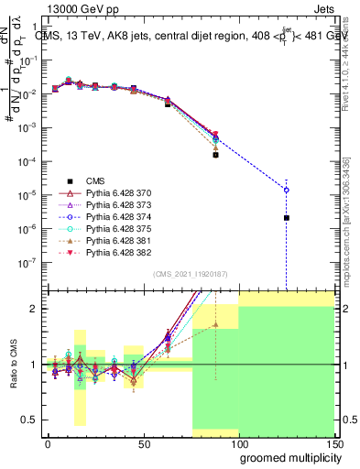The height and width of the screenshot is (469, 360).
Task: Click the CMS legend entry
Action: pos(95,180)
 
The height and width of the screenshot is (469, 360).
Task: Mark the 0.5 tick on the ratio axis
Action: pos(31,420)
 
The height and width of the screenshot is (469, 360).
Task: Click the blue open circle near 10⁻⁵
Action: pos(287,190)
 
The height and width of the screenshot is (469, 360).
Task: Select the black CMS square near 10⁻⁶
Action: pos(287,218)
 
